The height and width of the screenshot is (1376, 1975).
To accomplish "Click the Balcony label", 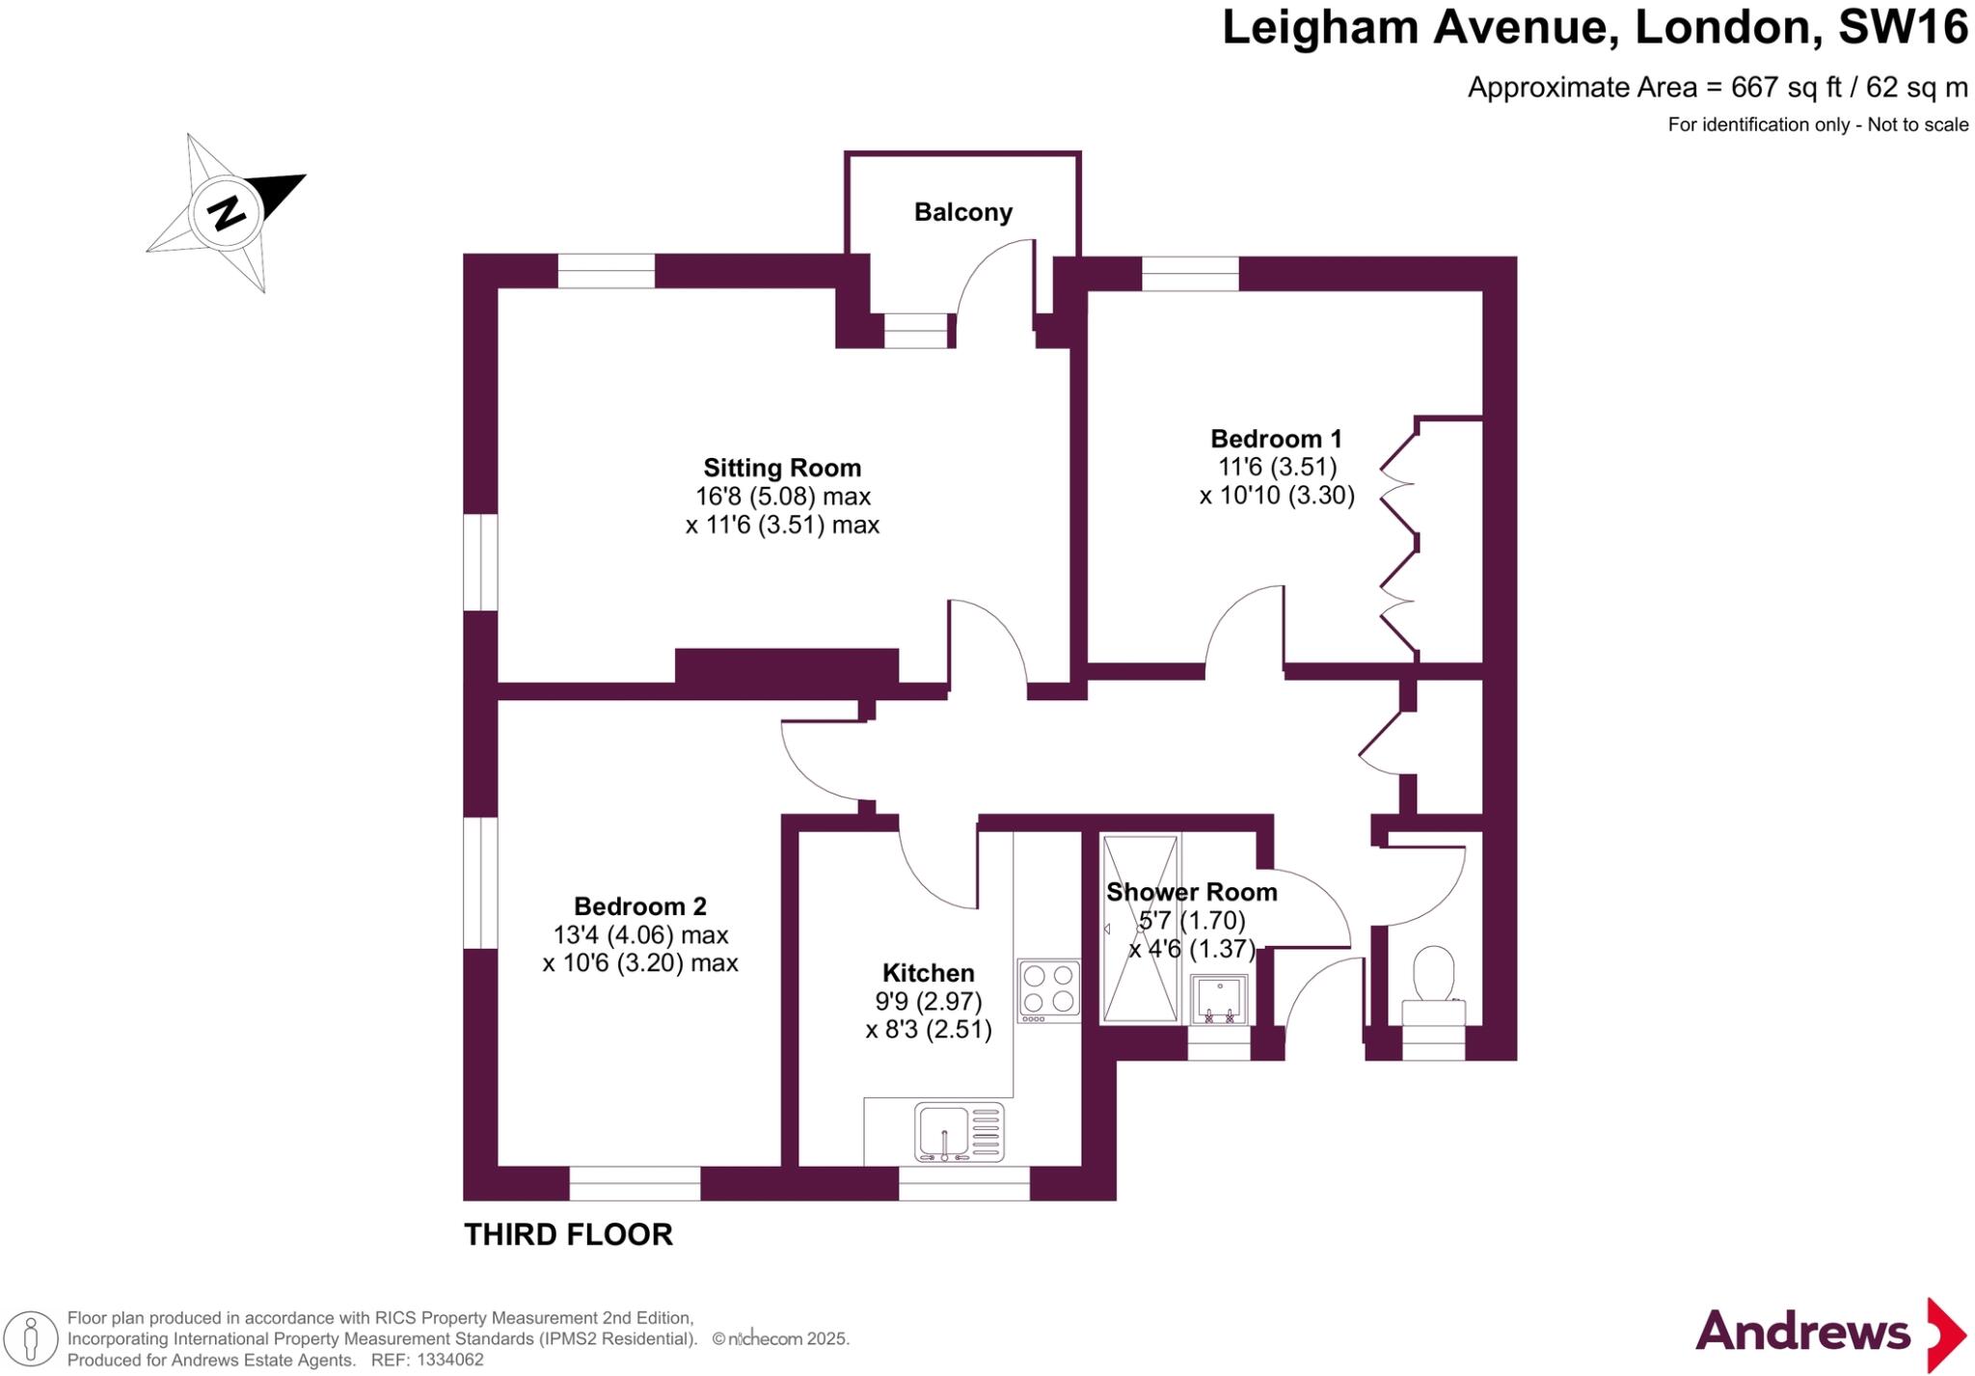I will pos(962,212).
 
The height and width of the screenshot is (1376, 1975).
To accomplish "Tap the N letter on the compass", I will pos(227,212).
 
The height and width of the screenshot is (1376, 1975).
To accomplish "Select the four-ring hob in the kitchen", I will pos(1048,988).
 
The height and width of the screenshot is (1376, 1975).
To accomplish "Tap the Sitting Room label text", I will pos(782,468).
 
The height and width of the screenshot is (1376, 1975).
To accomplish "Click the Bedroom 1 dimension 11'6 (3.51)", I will pos(1277,467).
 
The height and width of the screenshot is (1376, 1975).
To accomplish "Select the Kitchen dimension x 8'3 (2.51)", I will pos(928,1029).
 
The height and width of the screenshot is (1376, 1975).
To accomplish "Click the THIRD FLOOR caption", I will pos(568,1234).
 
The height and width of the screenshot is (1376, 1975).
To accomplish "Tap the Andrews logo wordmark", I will pos(1801,1333).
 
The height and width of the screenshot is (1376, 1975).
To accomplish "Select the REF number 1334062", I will pos(448,1360).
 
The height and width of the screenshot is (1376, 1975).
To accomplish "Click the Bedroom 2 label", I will pos(639,906).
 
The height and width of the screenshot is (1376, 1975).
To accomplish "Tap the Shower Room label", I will pos(1191,892).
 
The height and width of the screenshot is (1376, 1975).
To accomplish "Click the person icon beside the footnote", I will pos(31,1338).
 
